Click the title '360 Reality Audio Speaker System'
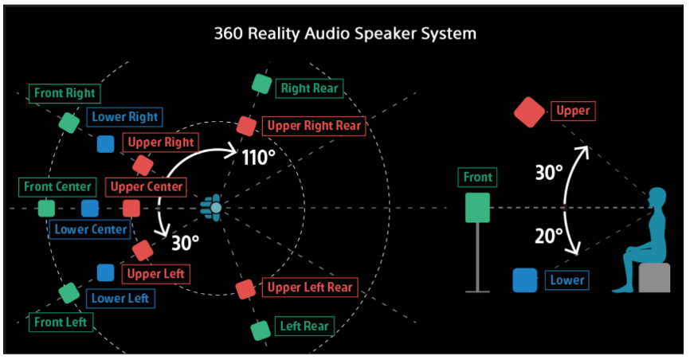(345, 33)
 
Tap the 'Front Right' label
(65, 93)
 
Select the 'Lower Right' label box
(125, 117)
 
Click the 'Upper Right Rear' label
(314, 126)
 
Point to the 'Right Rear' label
(309, 88)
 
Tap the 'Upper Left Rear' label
(310, 288)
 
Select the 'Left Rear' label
(304, 326)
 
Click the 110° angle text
(259, 156)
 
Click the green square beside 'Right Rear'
(261, 84)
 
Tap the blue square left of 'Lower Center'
(89, 208)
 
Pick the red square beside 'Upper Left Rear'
(245, 288)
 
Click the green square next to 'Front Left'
(69, 292)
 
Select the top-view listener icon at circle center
(213, 208)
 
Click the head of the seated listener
(657, 198)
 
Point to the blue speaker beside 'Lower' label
(525, 280)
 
